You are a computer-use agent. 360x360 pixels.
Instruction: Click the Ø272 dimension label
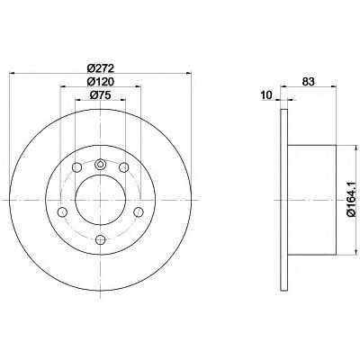[101, 68]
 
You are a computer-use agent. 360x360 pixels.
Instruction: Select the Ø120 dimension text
[101, 82]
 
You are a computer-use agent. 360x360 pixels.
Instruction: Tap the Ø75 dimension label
[101, 95]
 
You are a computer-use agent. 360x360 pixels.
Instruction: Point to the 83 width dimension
[308, 82]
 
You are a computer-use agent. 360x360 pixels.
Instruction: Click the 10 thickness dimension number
[266, 95]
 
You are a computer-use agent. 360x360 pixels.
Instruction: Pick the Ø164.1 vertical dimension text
[351, 199]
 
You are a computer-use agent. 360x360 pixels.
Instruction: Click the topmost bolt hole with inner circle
[100, 164]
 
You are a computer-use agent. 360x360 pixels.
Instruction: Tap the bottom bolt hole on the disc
[100, 239]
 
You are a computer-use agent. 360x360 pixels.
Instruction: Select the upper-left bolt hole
[76, 167]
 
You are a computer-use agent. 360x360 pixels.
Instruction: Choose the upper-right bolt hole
[124, 167]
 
